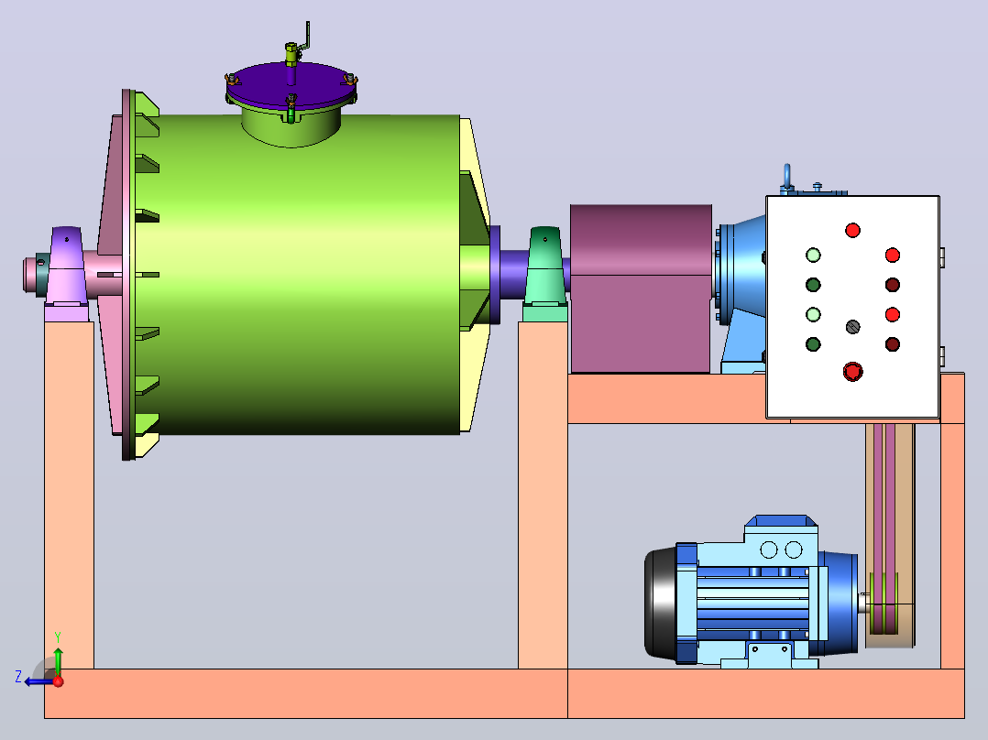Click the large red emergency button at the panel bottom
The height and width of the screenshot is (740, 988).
[x=852, y=372]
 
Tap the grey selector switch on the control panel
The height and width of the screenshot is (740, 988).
[x=852, y=327]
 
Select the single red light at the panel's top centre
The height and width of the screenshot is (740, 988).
[x=852, y=231]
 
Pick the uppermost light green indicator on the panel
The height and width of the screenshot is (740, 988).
[x=814, y=256]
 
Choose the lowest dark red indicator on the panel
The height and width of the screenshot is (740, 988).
[x=893, y=344]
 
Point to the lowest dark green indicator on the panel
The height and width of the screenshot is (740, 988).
[x=814, y=344]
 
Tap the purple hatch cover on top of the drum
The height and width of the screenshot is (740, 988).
[x=291, y=84]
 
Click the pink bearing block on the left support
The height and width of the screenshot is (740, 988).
[x=67, y=267]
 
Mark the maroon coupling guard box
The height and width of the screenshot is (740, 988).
[x=641, y=288]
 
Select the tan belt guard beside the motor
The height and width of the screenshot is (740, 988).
[x=890, y=536]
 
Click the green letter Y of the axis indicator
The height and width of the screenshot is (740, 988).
[x=58, y=637]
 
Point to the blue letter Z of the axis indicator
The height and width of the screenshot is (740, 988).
[x=18, y=677]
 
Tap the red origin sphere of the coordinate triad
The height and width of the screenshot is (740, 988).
[x=58, y=681]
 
